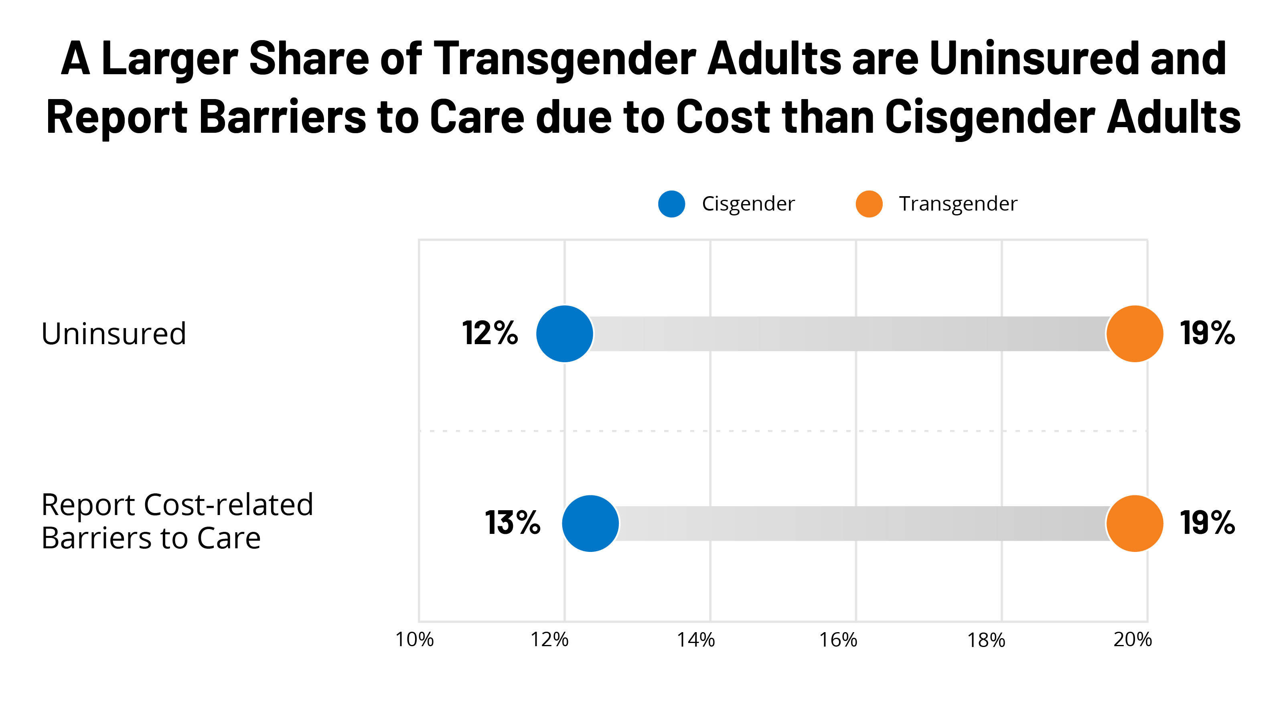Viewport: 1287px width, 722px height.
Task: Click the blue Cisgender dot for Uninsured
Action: [565, 333]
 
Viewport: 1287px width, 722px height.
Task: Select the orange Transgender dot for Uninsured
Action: [1135, 333]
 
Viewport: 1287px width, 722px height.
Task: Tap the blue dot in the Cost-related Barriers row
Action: [590, 523]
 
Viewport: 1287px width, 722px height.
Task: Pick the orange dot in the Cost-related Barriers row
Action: [1135, 523]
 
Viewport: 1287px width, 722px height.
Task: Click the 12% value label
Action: [490, 333]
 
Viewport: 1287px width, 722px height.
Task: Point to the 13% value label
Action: [513, 523]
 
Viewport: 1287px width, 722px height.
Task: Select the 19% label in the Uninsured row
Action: [1207, 333]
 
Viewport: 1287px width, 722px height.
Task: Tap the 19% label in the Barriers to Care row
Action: [1207, 523]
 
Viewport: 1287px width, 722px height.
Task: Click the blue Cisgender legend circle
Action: [671, 204]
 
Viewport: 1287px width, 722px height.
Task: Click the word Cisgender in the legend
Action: [748, 204]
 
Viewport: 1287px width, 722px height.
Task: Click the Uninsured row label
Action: [113, 333]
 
